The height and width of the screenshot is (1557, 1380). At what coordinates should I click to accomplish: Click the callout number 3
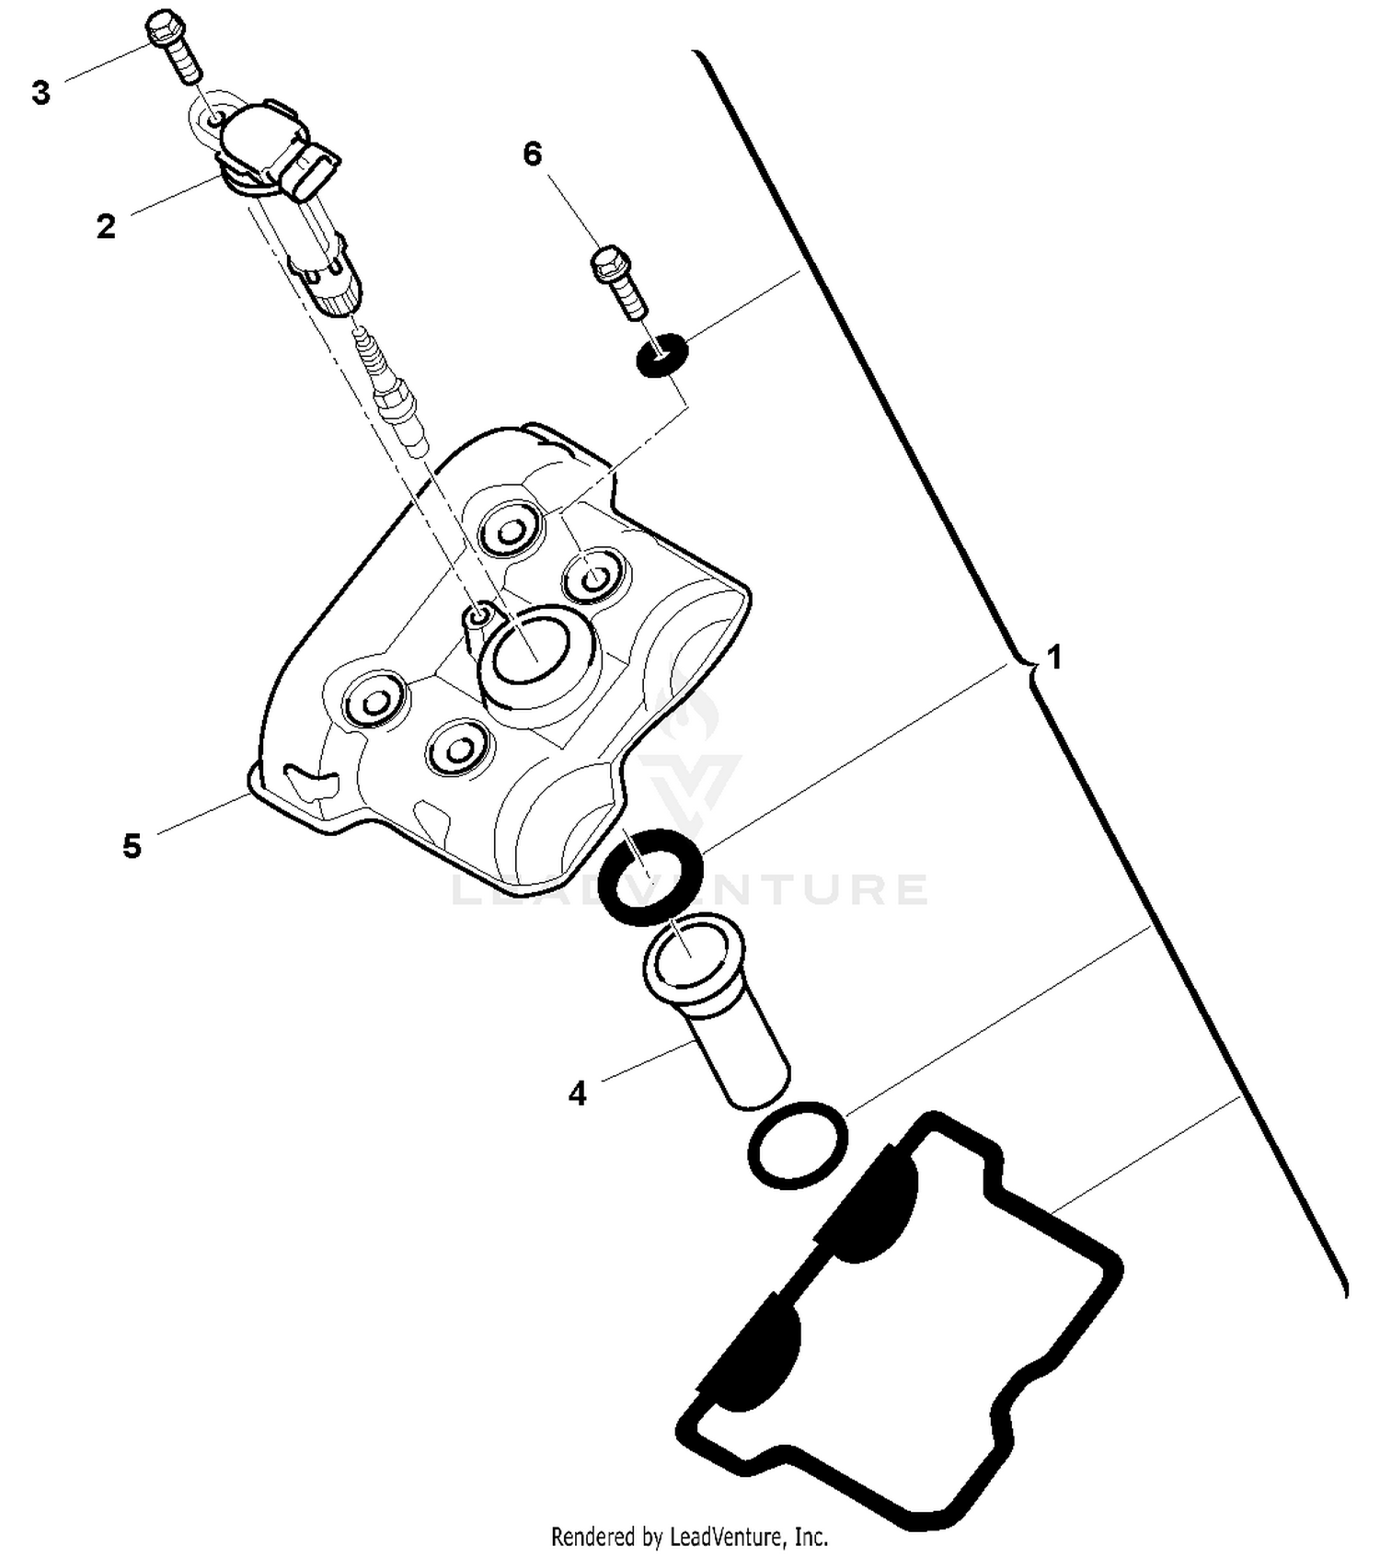(x=40, y=93)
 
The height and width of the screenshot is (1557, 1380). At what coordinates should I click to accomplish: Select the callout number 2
(x=106, y=226)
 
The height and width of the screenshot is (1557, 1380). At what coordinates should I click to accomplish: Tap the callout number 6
(x=533, y=154)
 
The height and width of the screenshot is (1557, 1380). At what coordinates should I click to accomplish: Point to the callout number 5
(x=132, y=845)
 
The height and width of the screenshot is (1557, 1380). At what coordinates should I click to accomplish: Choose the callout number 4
(x=577, y=1093)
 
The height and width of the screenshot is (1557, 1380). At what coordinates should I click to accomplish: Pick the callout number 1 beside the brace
(x=1054, y=658)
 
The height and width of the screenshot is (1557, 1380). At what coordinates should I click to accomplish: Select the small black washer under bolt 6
(x=661, y=355)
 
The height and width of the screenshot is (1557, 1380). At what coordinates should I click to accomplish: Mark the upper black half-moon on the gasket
(x=870, y=1205)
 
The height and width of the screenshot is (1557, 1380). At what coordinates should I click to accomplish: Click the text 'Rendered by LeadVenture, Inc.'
(x=689, y=1536)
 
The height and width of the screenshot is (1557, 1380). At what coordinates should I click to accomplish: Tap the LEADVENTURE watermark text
(x=690, y=889)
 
